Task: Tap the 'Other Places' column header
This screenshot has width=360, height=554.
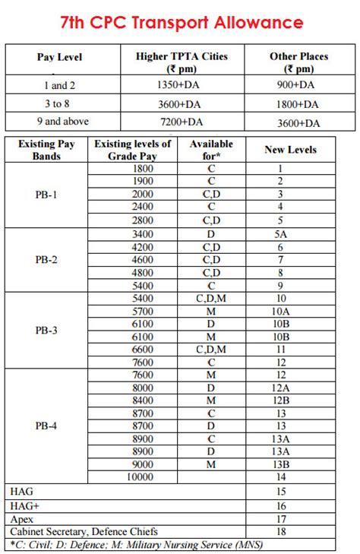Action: point(298,62)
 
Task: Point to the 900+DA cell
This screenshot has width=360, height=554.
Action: point(298,86)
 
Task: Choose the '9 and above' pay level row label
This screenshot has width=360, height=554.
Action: point(60,121)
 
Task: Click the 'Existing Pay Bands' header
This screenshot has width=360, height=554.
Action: point(47,150)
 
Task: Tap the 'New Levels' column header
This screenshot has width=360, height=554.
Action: point(289,150)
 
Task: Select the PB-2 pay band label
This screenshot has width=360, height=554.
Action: point(47,259)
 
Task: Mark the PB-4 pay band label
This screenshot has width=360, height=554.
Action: point(47,426)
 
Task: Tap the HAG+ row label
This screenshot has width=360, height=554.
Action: point(22,505)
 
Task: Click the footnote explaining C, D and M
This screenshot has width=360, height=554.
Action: point(137,544)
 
